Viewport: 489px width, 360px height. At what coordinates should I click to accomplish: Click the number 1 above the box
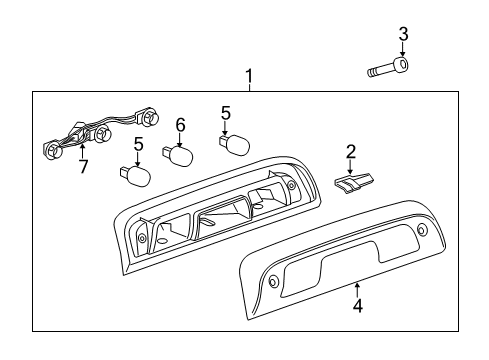(x=250, y=76)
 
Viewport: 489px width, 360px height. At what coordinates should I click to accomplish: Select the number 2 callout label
(x=351, y=151)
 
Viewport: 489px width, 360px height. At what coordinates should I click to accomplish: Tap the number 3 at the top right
(x=403, y=35)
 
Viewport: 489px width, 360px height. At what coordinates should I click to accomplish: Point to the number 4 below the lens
(x=357, y=306)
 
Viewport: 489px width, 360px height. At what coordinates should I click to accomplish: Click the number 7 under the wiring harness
(x=83, y=167)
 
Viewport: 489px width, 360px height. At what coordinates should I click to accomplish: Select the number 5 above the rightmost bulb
(x=225, y=113)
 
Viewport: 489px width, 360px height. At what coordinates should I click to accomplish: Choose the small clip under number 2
(x=351, y=186)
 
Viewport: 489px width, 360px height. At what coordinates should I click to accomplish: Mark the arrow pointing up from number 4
(x=357, y=289)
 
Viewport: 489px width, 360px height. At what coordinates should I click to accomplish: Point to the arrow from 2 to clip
(x=351, y=168)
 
